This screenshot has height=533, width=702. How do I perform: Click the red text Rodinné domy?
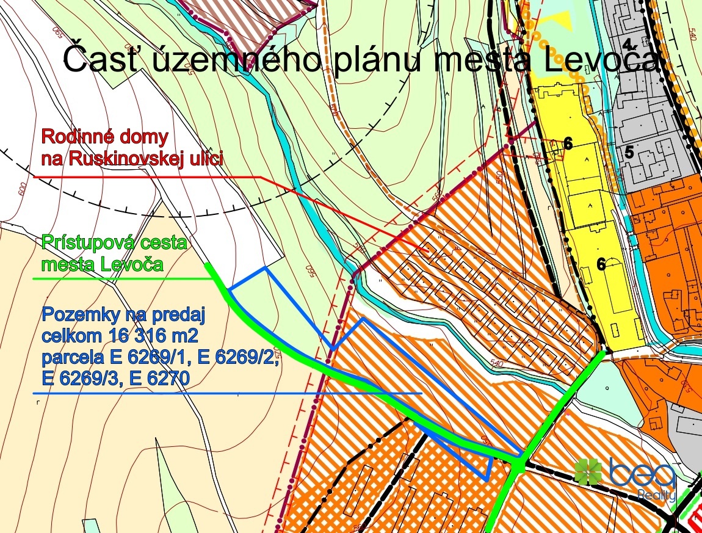click(x=104, y=136)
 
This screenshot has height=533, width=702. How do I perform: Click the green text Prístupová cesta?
click(x=114, y=243)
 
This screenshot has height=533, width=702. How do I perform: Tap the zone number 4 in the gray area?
click(x=628, y=43)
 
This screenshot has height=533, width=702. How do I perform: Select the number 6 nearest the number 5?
click(x=568, y=143)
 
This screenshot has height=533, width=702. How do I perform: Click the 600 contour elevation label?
click(x=24, y=190)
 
